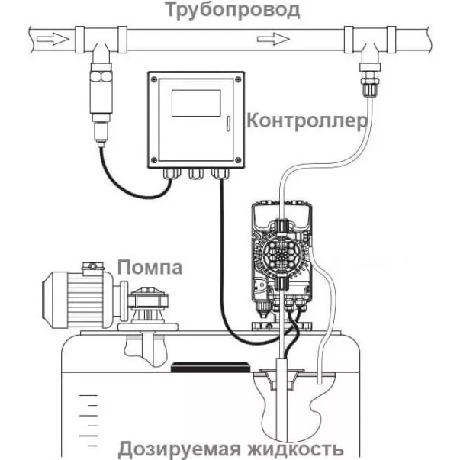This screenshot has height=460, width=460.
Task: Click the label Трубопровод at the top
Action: coord(229,10)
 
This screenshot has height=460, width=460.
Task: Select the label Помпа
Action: coord(150,268)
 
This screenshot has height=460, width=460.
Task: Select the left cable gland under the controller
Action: coord(168,174)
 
